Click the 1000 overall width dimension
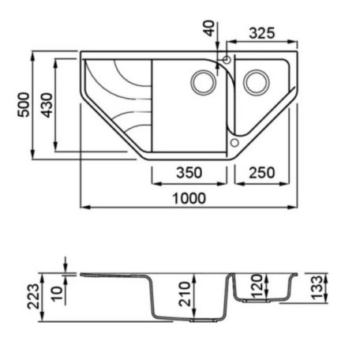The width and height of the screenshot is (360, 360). point(189,198)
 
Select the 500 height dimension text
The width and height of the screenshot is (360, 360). point(24,105)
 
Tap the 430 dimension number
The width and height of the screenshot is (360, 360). point(47,105)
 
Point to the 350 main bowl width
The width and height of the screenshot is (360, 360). point(189,173)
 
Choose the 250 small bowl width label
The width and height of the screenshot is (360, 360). point(262,173)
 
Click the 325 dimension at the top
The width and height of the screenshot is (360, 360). point(262,33)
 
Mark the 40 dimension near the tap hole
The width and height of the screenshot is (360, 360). point(209,28)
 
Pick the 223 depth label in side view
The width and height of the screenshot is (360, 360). point(33,296)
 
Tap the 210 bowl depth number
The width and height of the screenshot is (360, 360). point(184,294)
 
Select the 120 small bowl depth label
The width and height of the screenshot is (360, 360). point(257,287)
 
